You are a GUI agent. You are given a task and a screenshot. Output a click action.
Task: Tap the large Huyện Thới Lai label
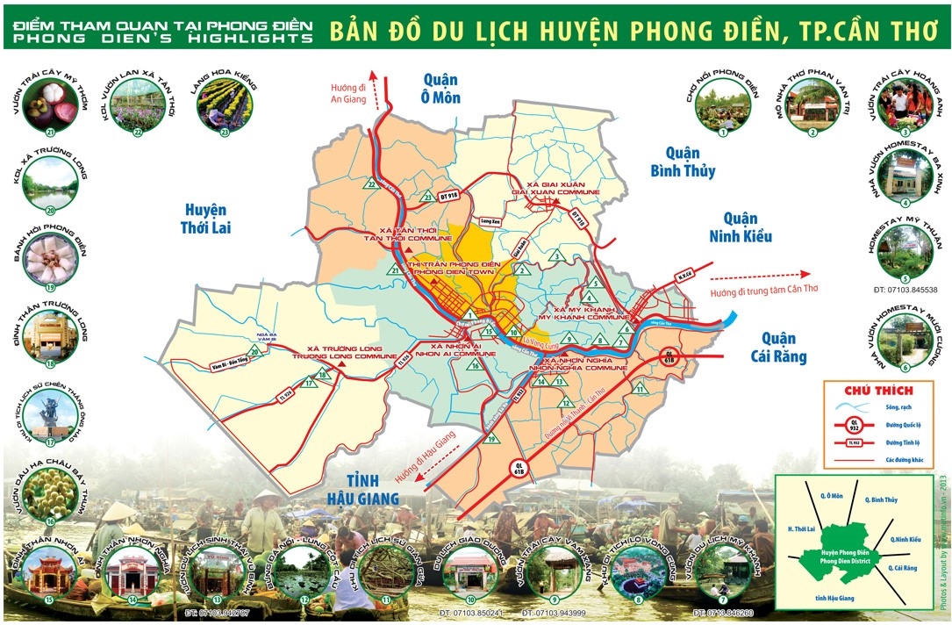[206, 219]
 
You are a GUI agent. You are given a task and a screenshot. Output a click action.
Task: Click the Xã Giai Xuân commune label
[555, 189]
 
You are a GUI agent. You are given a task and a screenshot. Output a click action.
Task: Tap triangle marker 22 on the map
[372, 184]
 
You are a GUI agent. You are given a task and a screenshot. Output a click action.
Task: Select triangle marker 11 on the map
[641, 388]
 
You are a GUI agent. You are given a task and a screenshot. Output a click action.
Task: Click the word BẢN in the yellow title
[354, 31]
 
